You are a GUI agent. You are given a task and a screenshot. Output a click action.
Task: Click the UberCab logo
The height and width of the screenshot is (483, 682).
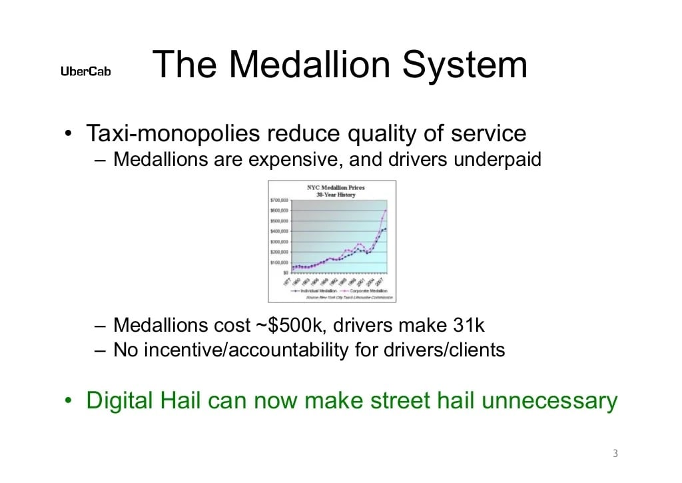[x=86, y=71]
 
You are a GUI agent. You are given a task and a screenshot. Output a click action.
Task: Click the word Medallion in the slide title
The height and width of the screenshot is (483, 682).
[x=299, y=65]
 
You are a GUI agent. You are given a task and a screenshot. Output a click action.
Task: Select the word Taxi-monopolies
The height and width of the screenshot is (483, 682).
[x=172, y=133]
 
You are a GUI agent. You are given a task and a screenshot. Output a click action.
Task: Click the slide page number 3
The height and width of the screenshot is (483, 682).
[x=615, y=454]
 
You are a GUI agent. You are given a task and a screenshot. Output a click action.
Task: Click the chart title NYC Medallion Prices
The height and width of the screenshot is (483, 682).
[x=336, y=187]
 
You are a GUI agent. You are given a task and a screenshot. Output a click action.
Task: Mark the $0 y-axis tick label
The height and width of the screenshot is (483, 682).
[x=284, y=272]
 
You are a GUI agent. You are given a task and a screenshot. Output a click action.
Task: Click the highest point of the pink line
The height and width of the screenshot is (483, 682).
[x=386, y=211]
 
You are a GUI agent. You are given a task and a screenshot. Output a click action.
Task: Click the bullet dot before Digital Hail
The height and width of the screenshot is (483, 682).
[x=69, y=401]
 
